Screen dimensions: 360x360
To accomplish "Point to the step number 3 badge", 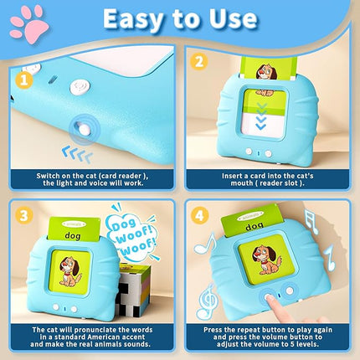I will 23,215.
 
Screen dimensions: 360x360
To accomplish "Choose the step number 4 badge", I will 198,215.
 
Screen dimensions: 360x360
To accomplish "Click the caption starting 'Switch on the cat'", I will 94,181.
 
